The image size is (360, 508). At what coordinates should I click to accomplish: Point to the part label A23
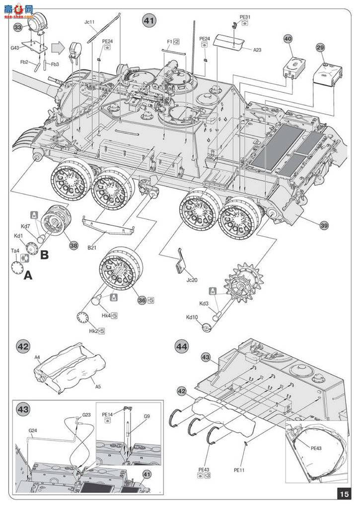pos(257,50)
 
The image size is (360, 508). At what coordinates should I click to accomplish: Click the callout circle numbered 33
pos(18,28)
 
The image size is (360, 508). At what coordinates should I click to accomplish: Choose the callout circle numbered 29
pos(320,48)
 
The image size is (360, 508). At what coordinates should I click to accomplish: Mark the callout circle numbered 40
pos(288,39)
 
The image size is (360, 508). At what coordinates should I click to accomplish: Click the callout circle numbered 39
pos(324,226)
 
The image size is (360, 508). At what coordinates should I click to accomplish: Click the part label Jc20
pos(191,280)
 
